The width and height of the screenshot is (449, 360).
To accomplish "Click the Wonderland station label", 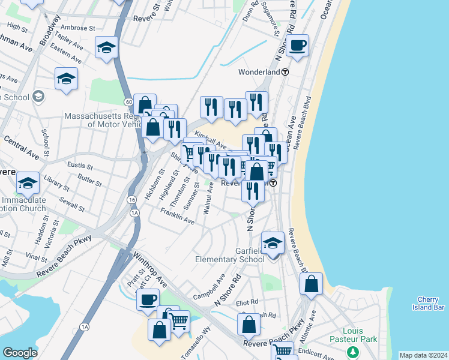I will click(x=259, y=72).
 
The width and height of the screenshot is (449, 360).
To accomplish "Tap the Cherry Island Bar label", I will click(x=431, y=304).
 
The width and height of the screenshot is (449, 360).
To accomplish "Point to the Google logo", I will click(x=20, y=353).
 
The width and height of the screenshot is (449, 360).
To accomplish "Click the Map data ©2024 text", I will click(x=423, y=355).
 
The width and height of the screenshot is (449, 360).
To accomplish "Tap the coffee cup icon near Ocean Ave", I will click(x=297, y=45).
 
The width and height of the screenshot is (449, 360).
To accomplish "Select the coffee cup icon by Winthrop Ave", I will click(x=148, y=300).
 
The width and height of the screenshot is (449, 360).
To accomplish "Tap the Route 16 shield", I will click(x=131, y=199).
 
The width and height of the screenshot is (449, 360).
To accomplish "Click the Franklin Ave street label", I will click(x=177, y=217).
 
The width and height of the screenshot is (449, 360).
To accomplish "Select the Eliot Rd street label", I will click(x=247, y=302).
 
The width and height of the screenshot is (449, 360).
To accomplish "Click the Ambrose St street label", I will click(x=77, y=28).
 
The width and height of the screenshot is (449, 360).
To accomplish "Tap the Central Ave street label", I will click(x=21, y=148).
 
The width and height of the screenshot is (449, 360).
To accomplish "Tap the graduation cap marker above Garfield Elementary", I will click(x=273, y=243).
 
